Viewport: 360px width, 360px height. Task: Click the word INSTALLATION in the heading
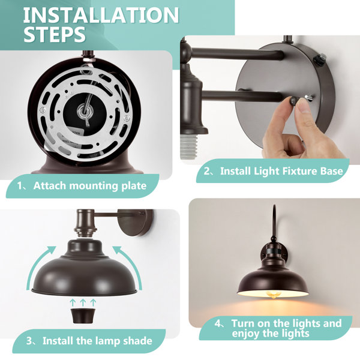pyautogui.click(x=101, y=15)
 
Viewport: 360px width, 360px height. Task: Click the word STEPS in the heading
pyautogui.click(x=55, y=34)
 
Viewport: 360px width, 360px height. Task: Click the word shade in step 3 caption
pyautogui.click(x=138, y=340)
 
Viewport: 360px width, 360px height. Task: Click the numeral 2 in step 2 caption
pyautogui.click(x=207, y=171)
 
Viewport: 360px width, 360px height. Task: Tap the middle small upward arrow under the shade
pyautogui.click(x=83, y=302)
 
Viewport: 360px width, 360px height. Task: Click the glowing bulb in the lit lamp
pyautogui.click(x=273, y=295)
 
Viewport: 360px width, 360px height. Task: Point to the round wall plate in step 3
pyautogui.click(x=136, y=223)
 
